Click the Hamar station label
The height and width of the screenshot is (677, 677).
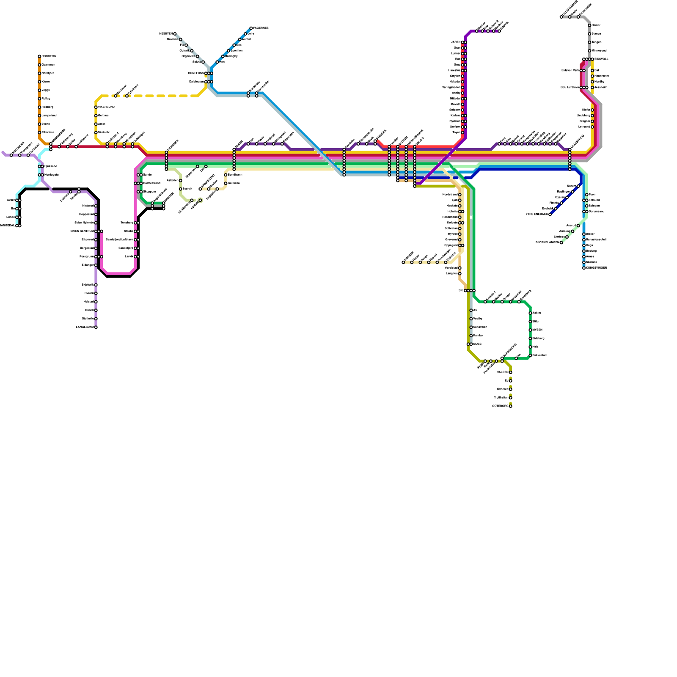(596, 25)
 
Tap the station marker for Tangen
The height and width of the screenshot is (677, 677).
(589, 42)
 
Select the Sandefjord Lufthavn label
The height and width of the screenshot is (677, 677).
(119, 240)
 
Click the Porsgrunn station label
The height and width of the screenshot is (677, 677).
(87, 257)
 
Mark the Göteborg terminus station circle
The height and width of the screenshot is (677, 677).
(511, 406)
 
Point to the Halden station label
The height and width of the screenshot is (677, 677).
(502, 372)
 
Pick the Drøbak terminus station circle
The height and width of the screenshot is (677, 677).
(403, 262)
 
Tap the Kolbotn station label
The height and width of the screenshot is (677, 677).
(452, 223)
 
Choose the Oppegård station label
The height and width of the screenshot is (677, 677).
(451, 245)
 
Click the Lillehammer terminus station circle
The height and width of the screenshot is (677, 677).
(561, 17)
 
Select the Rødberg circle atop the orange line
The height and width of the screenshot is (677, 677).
(39, 56)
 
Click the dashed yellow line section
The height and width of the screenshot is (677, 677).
(161, 96)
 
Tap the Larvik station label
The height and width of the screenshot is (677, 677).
(129, 257)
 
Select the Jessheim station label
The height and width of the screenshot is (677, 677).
(601, 88)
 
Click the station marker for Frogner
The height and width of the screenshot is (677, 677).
(592, 121)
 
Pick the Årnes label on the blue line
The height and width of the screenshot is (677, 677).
(591, 257)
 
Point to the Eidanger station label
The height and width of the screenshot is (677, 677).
(88, 265)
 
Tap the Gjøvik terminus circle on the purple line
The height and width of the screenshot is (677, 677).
(499, 31)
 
